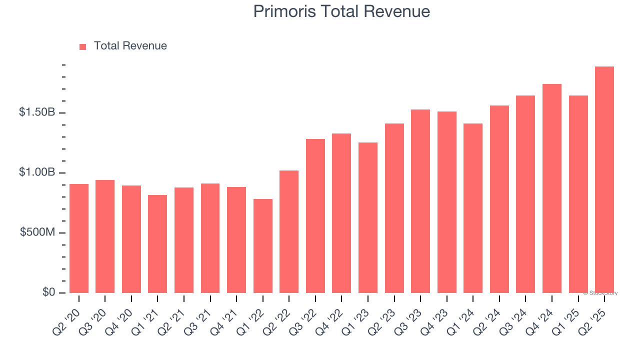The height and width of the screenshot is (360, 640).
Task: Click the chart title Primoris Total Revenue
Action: (x=341, y=11)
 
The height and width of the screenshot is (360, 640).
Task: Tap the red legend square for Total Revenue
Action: (x=83, y=46)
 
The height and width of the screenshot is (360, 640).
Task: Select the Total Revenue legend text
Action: (x=130, y=46)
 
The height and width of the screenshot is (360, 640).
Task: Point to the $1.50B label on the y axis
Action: (x=37, y=112)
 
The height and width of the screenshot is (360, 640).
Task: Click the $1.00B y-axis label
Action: (x=37, y=172)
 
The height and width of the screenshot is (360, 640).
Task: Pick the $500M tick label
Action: (x=37, y=232)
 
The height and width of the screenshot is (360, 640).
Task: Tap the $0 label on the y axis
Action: (x=48, y=292)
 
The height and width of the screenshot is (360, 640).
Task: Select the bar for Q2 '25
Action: (x=604, y=180)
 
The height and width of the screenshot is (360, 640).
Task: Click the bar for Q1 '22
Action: (x=263, y=246)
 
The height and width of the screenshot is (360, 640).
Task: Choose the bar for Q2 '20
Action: (x=79, y=238)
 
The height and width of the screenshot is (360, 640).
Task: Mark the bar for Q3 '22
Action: (x=315, y=216)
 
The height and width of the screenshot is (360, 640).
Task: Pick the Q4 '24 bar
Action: (x=551, y=188)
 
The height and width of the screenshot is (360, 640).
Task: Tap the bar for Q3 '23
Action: (x=420, y=201)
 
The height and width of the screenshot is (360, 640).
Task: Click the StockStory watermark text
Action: (x=600, y=293)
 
